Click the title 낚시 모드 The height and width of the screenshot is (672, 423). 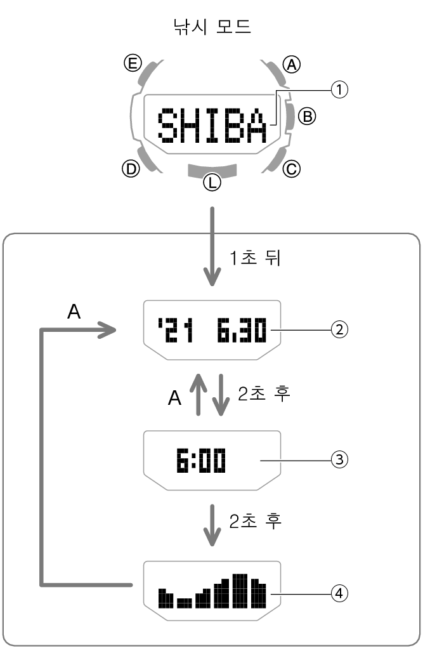coord(212,26)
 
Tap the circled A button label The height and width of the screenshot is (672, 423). coord(292,64)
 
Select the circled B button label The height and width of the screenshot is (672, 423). coord(307,116)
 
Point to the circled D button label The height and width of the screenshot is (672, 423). coord(130,169)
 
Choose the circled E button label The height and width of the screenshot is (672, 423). coord(132,63)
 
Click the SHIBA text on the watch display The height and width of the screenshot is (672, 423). coord(212,126)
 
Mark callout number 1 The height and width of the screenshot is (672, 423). coord(339,91)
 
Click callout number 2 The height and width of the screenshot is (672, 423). coord(339,329)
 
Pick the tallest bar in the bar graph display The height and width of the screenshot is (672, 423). coord(239,590)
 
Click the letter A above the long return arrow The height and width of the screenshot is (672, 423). coord(74,312)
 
